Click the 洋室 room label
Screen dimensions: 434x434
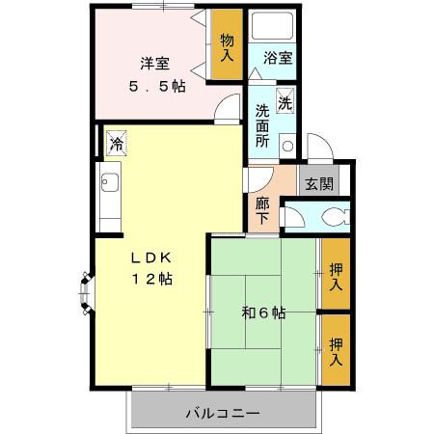(x=155, y=65)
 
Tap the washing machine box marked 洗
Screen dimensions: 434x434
(x=285, y=101)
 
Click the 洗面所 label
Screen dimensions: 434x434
(x=262, y=124)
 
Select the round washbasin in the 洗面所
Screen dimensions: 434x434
(x=287, y=146)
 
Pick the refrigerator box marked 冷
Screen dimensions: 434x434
(x=116, y=144)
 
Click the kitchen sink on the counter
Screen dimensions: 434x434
(x=108, y=181)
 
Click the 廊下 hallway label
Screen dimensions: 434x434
(x=262, y=211)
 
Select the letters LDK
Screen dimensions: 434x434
(x=151, y=258)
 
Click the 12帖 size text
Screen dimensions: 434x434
(x=152, y=279)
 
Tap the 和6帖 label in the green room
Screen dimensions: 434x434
(x=262, y=312)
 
